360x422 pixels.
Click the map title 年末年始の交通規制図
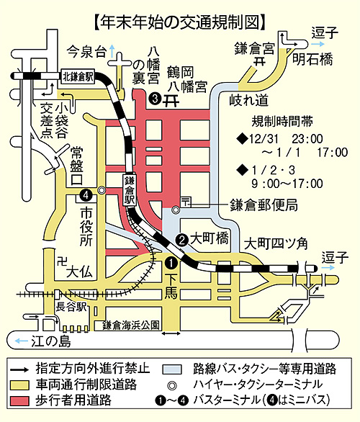(x=180, y=22)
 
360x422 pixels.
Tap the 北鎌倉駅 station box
(x=78, y=76)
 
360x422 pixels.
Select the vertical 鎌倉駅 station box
(x=129, y=190)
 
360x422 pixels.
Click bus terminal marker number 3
(x=156, y=99)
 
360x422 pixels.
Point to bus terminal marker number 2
(x=182, y=239)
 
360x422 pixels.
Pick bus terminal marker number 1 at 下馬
(x=171, y=263)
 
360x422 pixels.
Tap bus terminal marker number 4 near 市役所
(x=86, y=195)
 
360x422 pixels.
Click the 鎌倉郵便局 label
(x=264, y=206)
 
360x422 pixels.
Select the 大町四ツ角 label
(x=276, y=243)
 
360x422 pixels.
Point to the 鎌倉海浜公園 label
(x=131, y=326)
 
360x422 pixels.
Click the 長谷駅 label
(x=71, y=307)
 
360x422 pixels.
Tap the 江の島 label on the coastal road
(x=51, y=341)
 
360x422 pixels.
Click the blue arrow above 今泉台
(x=112, y=51)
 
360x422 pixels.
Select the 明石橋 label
(x=312, y=59)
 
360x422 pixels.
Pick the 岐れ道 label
(x=249, y=100)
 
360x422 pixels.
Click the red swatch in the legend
(x=20, y=400)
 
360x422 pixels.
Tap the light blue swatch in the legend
(x=172, y=369)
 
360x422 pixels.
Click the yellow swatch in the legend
(x=20, y=385)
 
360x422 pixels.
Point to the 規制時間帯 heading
(x=282, y=122)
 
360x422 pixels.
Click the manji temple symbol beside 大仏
(x=63, y=261)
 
